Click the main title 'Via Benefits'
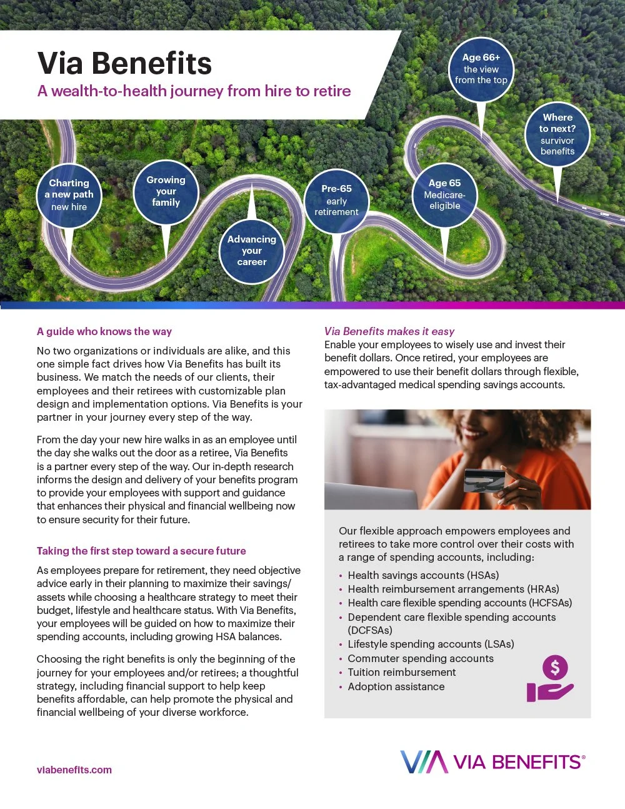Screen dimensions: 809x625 [125, 64]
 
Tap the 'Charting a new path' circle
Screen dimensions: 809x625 [69, 194]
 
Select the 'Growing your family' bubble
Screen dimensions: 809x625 [166, 191]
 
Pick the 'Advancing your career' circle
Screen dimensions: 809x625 [252, 251]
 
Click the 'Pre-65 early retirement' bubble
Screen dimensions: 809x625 [336, 200]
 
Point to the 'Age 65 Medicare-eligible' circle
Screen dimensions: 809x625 [444, 194]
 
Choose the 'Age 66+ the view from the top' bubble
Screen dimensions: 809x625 [481, 69]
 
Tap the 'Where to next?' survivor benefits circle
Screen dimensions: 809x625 [557, 134]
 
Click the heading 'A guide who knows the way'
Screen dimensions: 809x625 [104, 331]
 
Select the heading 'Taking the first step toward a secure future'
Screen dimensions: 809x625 [141, 551]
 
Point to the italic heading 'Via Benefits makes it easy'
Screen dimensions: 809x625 [389, 331]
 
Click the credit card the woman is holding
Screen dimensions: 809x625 [484, 480]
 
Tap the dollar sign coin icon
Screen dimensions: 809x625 [555, 668]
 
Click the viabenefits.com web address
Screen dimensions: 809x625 [74, 770]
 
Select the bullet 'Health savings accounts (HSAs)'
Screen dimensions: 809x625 [423, 575]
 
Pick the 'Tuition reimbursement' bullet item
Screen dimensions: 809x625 [402, 672]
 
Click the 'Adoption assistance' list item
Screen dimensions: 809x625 [396, 686]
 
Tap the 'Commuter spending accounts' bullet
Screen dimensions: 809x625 [421, 658]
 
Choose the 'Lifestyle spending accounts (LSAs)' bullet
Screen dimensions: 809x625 [431, 644]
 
